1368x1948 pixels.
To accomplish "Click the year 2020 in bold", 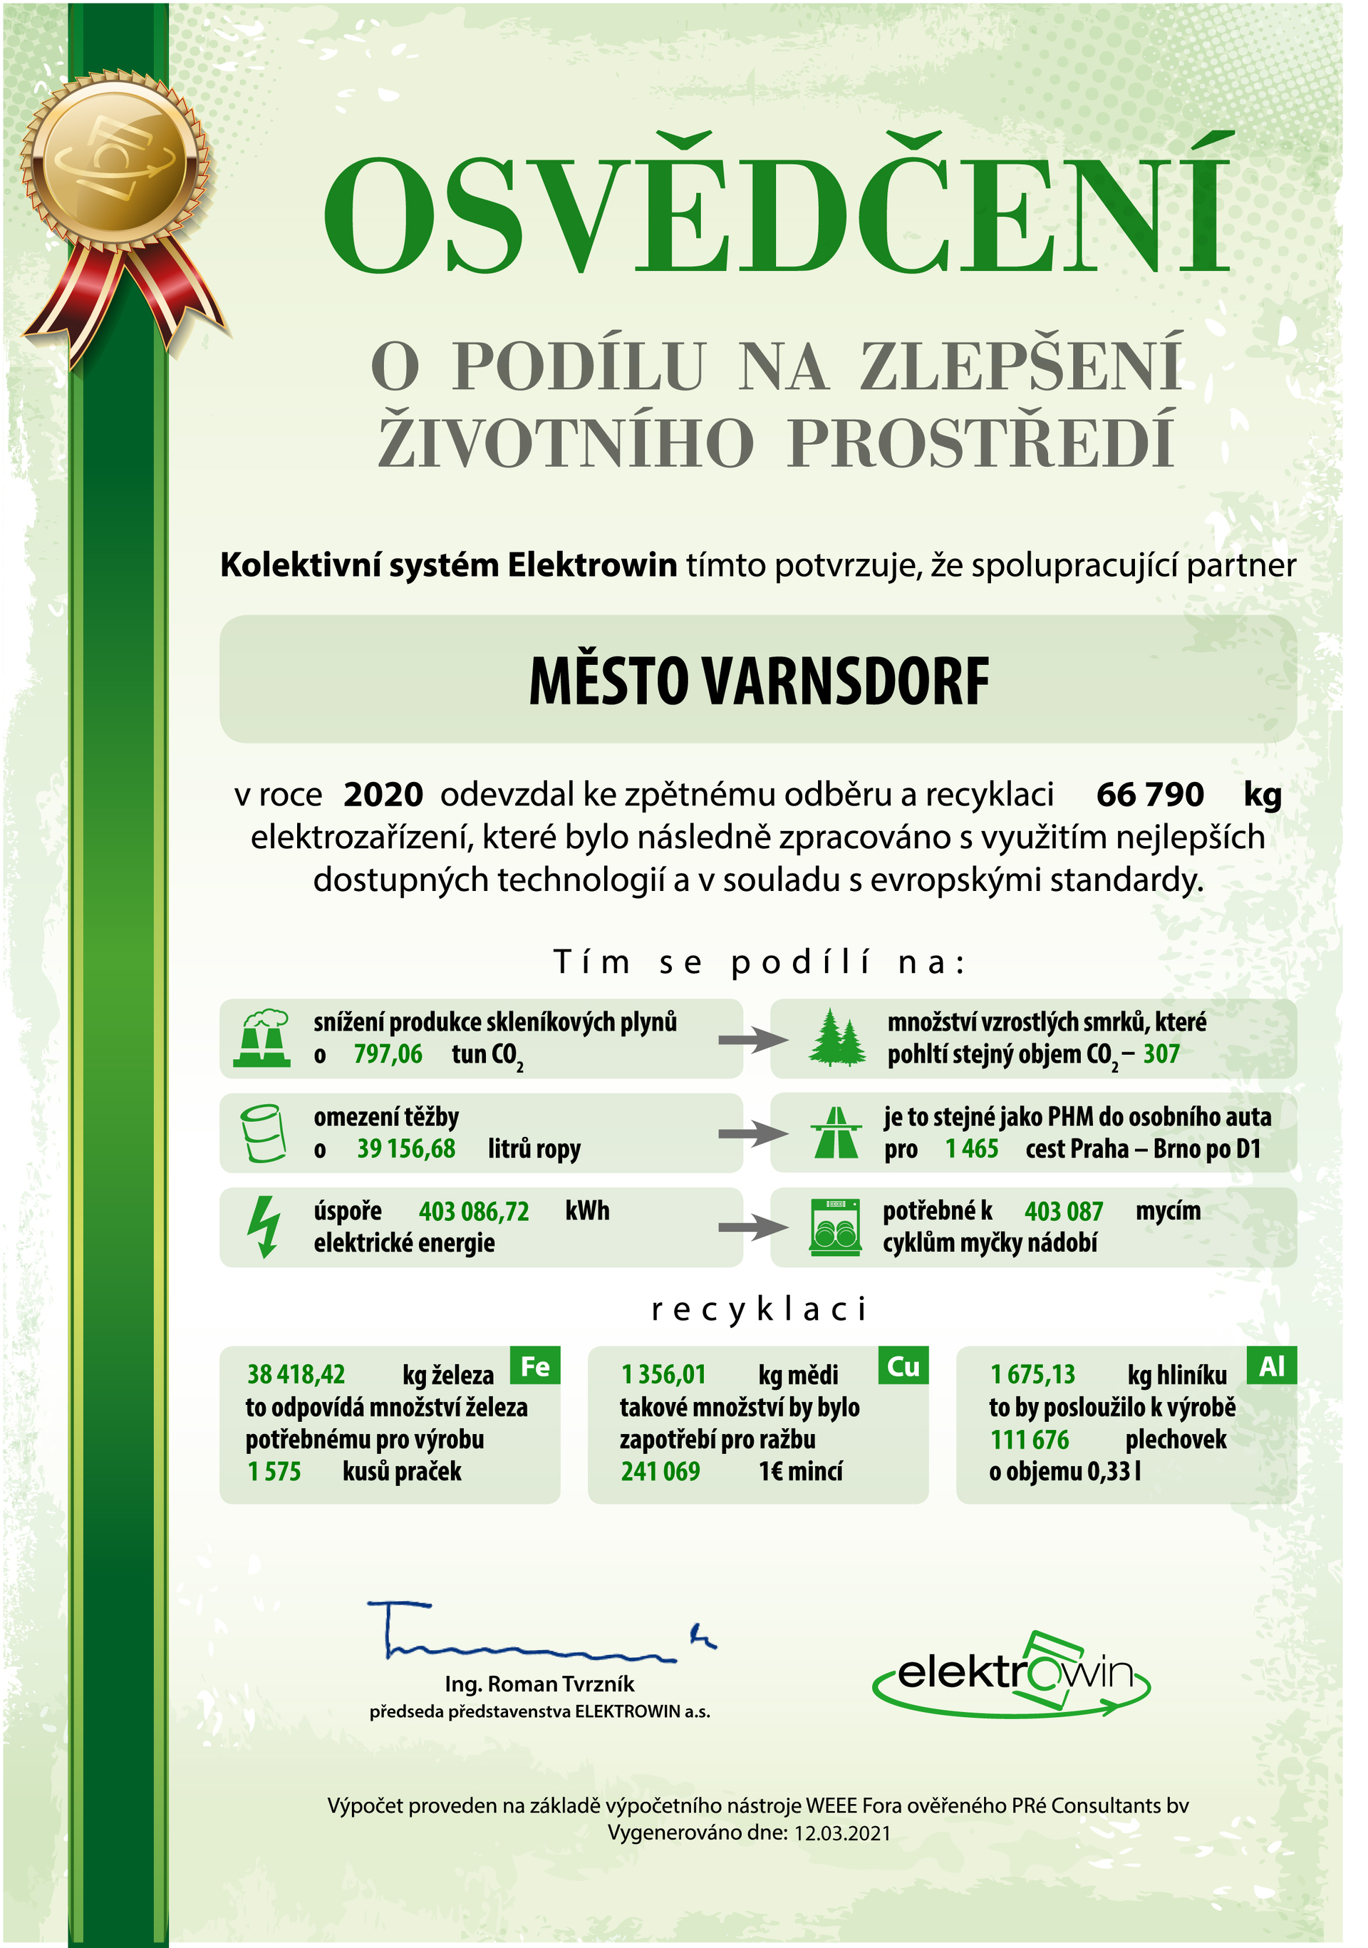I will point(383,794).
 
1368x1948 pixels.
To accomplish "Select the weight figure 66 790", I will point(1149,794).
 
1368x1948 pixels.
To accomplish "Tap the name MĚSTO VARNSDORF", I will point(758,681).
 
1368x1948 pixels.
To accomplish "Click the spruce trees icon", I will point(836,1038).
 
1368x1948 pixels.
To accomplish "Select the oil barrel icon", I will point(263,1133).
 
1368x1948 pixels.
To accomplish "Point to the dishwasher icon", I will point(834,1226).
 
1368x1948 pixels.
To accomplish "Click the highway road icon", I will point(835,1133).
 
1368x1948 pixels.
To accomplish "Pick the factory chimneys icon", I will point(263,1038).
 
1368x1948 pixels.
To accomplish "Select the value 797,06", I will point(388,1053).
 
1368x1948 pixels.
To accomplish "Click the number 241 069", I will point(660,1471).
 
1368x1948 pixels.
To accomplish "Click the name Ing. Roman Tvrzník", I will point(539,1684).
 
